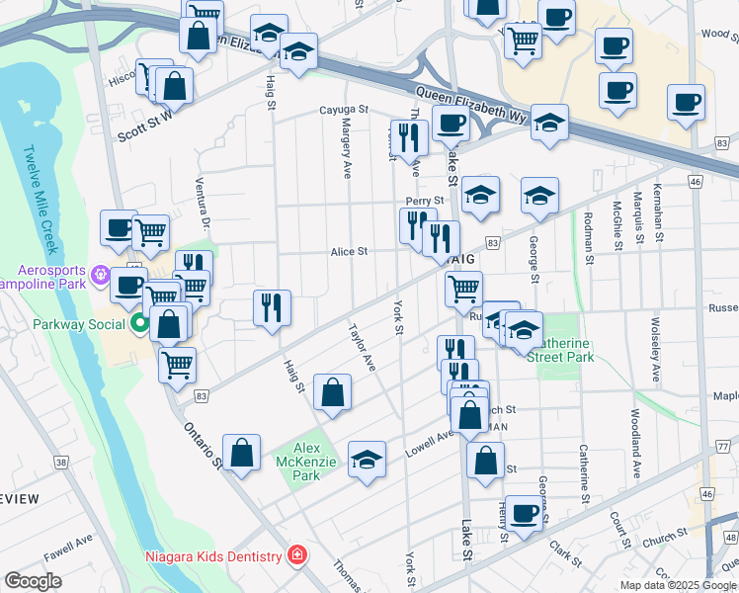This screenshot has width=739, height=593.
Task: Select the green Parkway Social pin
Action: click(x=140, y=323)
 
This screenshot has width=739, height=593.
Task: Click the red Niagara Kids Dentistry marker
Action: click(x=294, y=555)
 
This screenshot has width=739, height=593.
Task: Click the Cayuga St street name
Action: click(x=343, y=111)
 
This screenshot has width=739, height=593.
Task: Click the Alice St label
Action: click(x=349, y=252)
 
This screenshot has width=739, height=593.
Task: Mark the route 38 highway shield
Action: click(x=61, y=462)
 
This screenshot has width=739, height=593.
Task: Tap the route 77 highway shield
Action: click(x=724, y=446)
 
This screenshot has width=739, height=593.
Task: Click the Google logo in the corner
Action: click(x=33, y=581)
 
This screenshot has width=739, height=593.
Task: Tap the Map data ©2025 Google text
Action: click(x=677, y=585)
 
